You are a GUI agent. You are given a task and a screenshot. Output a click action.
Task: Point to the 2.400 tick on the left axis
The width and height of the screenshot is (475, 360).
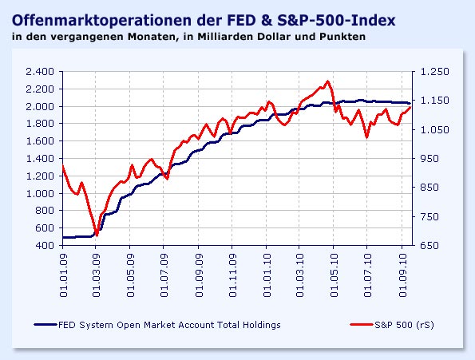point(39,71)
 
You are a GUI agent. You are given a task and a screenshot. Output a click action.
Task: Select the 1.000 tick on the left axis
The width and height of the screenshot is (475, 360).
point(39,193)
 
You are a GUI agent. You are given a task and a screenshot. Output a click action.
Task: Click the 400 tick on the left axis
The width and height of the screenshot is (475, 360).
point(45,245)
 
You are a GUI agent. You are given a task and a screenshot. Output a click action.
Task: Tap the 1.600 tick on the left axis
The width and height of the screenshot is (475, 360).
point(39,140)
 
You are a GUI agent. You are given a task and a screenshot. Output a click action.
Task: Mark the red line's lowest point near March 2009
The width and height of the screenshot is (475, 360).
point(96,235)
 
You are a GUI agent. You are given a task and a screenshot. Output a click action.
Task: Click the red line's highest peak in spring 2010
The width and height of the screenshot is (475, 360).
point(327,81)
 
